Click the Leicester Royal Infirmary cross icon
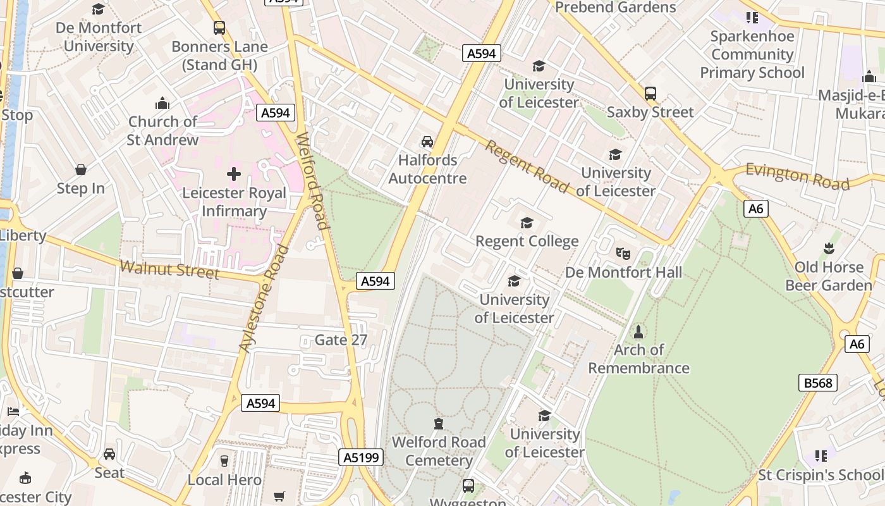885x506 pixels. (x=234, y=174)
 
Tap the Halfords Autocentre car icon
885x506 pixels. (x=428, y=141)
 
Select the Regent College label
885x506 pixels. (x=527, y=241)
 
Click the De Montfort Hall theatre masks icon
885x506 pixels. (x=623, y=253)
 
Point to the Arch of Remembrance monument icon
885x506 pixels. (x=638, y=331)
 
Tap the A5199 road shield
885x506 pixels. (x=361, y=457)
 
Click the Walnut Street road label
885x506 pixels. (x=169, y=270)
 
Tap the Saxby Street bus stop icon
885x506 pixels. (x=650, y=94)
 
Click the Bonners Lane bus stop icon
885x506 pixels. (x=219, y=28)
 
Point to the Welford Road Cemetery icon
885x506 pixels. (x=438, y=423)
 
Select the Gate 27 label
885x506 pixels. (x=341, y=340)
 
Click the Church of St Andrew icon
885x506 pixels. (x=162, y=103)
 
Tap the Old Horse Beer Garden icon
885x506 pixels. (x=829, y=249)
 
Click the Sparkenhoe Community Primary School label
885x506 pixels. (x=752, y=54)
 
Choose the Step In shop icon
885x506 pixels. (x=81, y=170)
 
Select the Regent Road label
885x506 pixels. (x=526, y=166)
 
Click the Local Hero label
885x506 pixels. (x=224, y=480)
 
